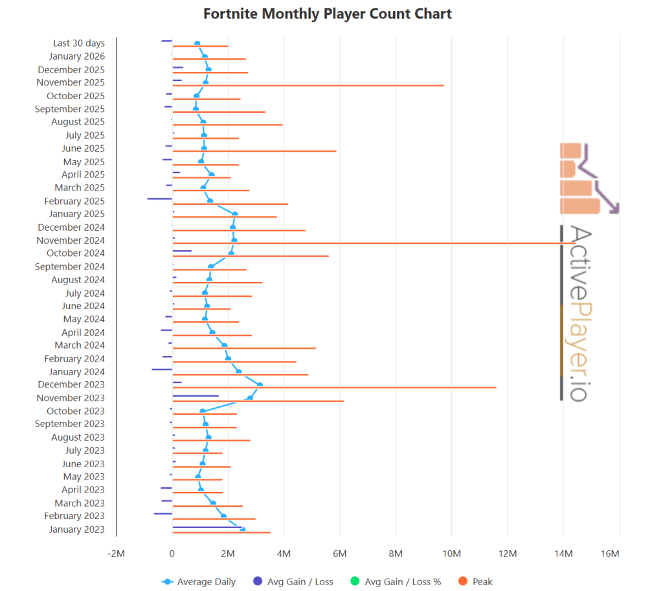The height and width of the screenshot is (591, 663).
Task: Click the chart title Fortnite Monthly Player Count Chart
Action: (328, 14)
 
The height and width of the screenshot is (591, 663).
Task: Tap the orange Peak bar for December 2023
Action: (334, 388)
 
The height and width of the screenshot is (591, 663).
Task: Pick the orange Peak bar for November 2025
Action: (308, 86)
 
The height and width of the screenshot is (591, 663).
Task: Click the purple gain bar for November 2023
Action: (195, 395)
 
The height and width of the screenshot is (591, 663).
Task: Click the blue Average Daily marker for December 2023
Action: (260, 384)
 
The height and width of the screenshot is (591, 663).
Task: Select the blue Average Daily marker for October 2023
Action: (202, 411)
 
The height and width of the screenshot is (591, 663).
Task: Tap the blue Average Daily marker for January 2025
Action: (234, 214)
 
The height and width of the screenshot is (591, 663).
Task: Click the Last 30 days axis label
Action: (79, 43)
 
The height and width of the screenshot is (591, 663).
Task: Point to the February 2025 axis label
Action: (74, 201)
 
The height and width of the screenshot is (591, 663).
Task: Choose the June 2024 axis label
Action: (83, 306)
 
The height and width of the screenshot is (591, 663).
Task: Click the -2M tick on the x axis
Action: (116, 553)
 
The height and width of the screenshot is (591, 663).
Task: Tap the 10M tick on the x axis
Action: (451, 553)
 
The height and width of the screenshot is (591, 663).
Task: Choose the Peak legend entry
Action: (482, 581)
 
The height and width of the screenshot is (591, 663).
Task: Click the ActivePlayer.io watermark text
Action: (579, 313)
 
